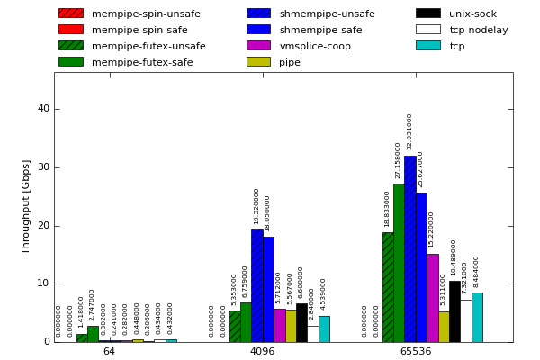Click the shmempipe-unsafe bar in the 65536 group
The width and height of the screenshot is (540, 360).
pos(409,249)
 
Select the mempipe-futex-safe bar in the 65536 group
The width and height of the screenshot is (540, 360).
pos(399,263)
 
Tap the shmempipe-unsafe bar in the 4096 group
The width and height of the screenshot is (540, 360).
pos(256,285)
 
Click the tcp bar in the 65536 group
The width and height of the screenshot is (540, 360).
pos(477,317)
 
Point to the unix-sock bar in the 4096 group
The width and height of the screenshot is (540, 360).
pos(301,322)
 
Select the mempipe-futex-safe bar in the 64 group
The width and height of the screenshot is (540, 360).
pos(93,334)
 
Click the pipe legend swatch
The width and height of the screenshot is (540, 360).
pos(258,62)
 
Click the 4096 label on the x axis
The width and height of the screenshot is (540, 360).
pos(262,351)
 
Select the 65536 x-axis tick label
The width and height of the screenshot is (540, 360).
pos(415,351)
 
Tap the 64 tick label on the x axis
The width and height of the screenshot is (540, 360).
pos(109,351)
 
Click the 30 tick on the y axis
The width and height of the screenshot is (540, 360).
pos(43,167)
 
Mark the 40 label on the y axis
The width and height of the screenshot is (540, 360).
pos(43,109)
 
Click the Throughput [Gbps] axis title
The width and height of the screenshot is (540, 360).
pos(26,206)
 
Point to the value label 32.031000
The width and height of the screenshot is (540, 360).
pos(409,131)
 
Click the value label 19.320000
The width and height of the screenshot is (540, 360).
pos(256,206)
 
